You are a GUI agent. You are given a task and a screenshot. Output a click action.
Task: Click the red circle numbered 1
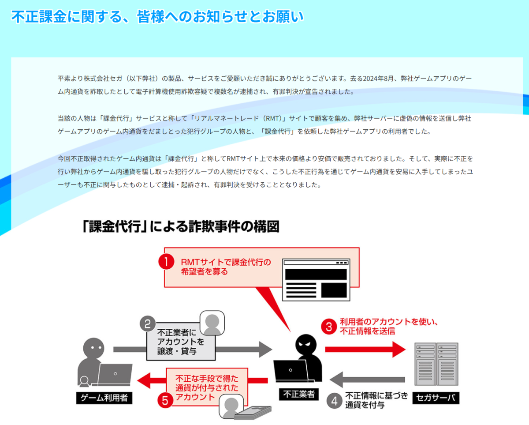pos(166,263)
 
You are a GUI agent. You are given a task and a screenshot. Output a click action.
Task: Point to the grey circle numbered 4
pos(335,401)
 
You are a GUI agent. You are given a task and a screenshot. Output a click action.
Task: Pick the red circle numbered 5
pos(165,400)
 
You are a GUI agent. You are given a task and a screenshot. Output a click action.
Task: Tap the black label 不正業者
pos(298,394)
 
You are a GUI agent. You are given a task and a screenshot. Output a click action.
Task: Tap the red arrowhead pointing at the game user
pos(145,380)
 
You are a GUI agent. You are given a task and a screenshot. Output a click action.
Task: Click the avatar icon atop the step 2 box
pos(212,323)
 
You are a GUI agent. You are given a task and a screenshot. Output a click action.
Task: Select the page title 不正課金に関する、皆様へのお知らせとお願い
pos(157,17)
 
